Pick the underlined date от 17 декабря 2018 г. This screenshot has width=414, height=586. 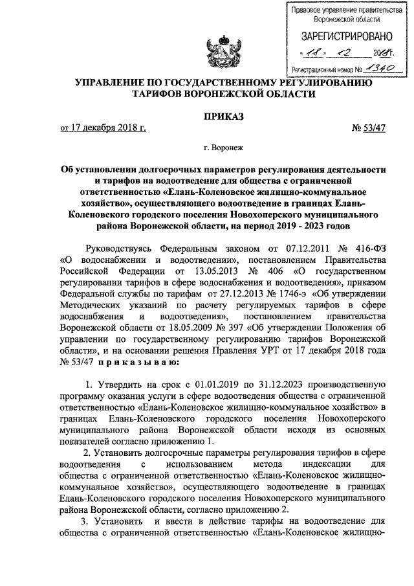(103, 128)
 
